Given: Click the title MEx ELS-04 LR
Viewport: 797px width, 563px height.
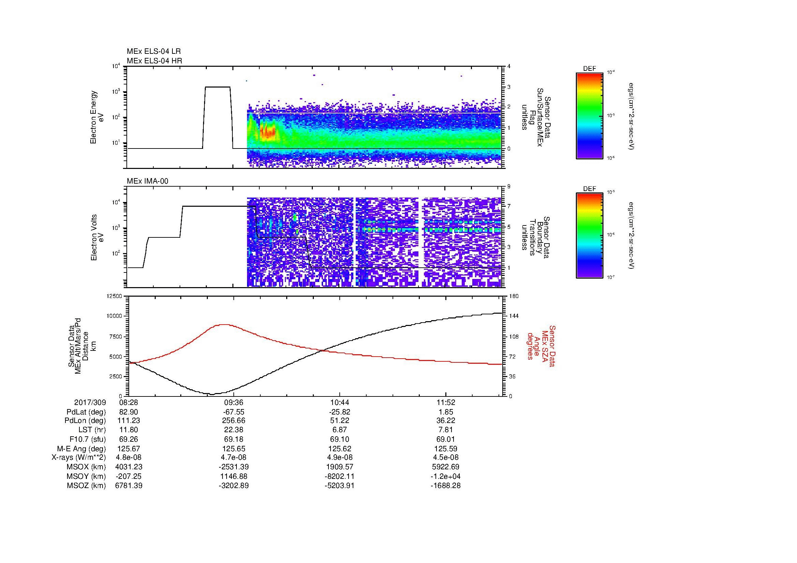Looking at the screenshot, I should coord(154,51).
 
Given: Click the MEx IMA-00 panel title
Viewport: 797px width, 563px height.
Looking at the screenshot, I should coord(148,181).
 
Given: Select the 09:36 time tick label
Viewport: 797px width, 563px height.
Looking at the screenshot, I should coord(234,403).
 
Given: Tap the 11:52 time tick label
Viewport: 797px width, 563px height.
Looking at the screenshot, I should coord(446,403).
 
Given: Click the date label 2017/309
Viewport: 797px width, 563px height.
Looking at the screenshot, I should coord(90,403).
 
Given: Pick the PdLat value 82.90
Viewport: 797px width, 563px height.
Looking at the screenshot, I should coord(129,412).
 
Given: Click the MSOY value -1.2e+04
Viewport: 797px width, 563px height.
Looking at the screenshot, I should coord(446,476).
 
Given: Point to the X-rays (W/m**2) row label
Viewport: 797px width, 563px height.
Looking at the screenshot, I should coord(78,457).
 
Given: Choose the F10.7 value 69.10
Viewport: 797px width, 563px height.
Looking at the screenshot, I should coord(339,439).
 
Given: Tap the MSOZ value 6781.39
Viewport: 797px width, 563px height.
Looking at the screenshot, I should coord(129,486).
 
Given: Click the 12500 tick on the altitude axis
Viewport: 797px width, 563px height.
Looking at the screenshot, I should coord(114,296).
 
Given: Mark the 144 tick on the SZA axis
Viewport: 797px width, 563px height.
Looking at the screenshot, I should coord(514,316).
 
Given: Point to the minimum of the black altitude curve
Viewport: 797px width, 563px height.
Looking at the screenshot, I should coord(212,394).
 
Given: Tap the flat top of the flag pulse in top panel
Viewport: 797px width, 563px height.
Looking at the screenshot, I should coord(218,87).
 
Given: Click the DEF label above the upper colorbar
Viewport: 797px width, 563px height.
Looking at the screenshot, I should coord(589,69).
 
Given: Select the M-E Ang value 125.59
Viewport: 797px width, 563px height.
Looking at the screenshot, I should coord(446,449).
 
